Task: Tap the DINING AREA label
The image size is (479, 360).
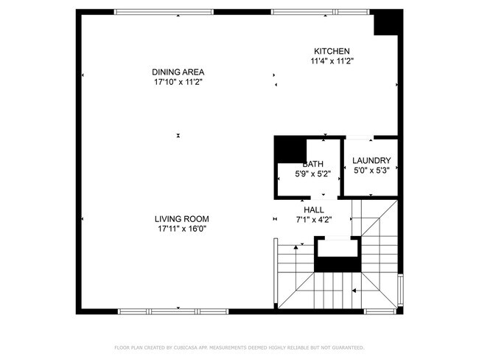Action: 178,72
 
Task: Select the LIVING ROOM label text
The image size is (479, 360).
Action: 181,219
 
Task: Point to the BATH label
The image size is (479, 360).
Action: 313,164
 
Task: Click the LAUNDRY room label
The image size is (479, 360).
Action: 371,161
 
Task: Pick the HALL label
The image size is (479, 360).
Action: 313,209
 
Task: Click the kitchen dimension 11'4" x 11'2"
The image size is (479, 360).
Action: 332,61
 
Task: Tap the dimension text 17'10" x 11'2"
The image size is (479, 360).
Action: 178,82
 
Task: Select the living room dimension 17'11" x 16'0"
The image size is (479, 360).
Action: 181,229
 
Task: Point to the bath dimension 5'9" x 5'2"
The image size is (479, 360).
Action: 312,174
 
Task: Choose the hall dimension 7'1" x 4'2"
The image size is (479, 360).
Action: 313,219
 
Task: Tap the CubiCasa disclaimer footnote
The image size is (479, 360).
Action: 239,347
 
